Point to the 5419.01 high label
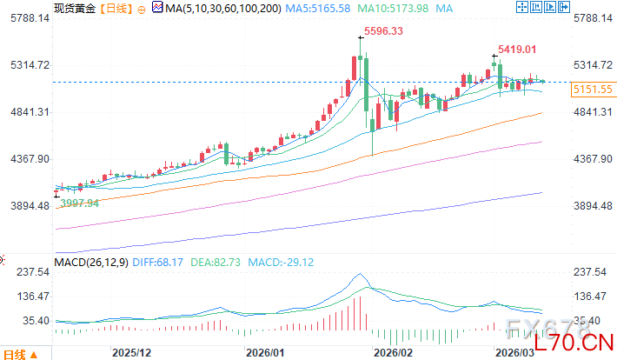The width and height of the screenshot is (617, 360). point(517,50)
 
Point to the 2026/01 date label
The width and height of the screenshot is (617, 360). point(265,352)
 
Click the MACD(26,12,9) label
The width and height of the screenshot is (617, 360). point(90,260)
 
